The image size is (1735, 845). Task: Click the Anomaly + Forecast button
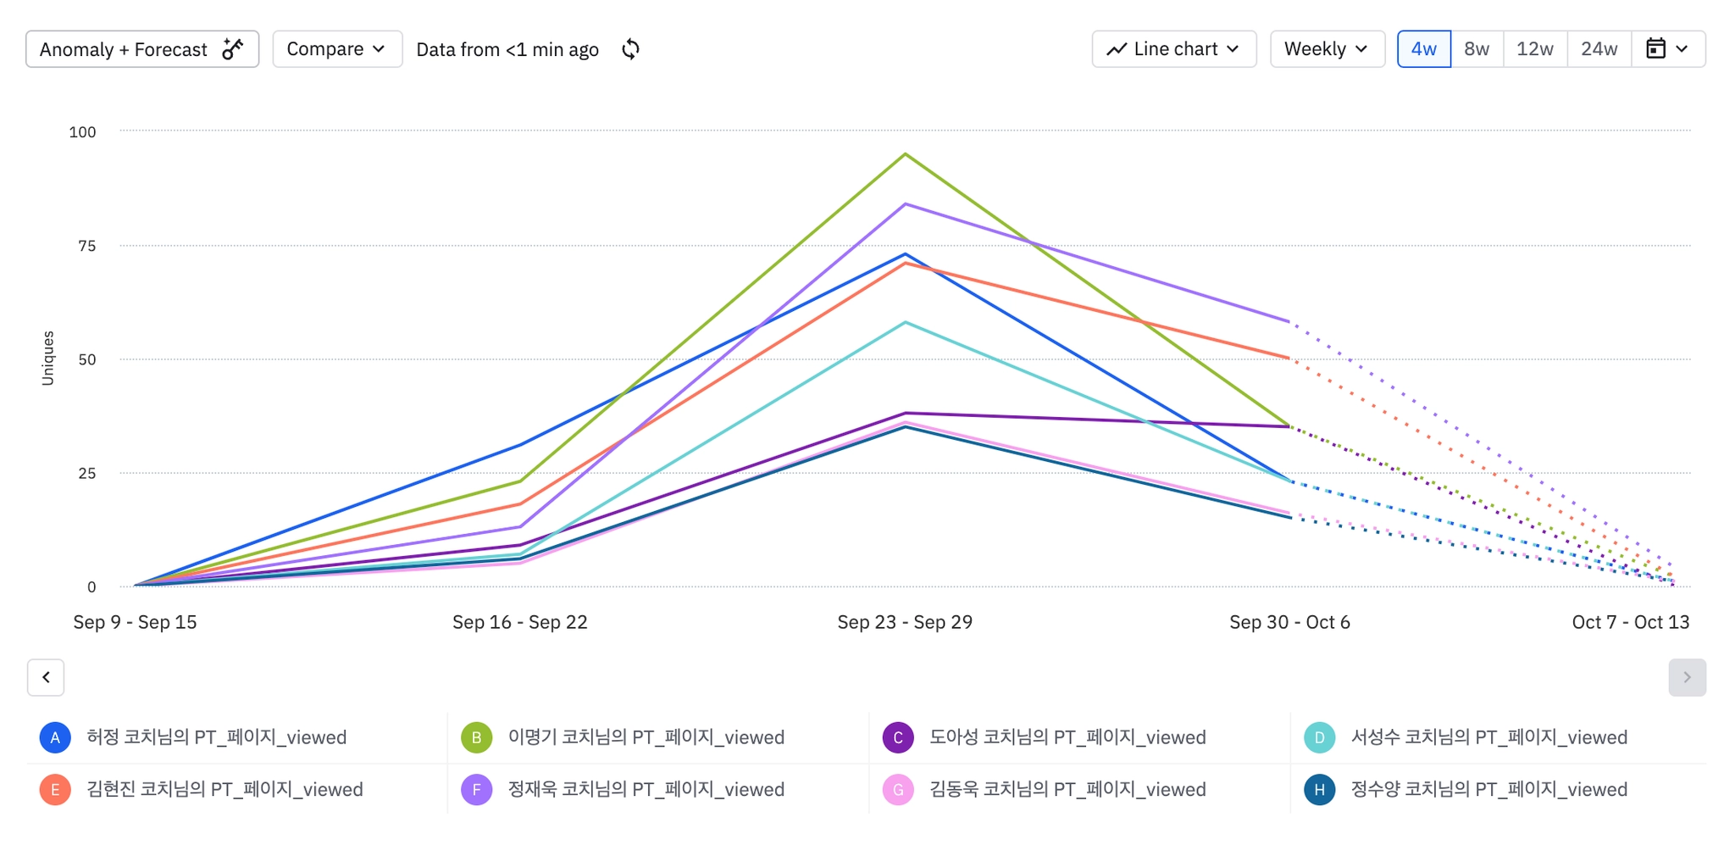coord(141,49)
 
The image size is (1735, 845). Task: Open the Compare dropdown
coord(336,49)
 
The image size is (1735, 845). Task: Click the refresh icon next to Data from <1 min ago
coord(630,49)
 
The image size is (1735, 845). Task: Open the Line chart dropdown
coord(1173,49)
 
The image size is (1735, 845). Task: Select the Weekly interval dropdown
coord(1327,49)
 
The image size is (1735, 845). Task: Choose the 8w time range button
coord(1477,49)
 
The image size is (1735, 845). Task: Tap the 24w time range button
coord(1599,49)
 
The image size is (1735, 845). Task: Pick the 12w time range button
coord(1534,49)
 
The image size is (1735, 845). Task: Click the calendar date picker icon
coord(1656,49)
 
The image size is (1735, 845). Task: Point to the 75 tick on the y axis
coord(87,246)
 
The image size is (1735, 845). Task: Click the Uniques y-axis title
coord(48,358)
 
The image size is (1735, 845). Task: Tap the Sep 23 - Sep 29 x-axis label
coord(905,622)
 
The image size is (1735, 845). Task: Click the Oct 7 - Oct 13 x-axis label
coord(1630,622)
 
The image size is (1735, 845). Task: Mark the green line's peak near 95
coord(906,154)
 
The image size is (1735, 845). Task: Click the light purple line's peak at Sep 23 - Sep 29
coord(906,204)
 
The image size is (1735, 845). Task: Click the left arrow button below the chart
coord(46,677)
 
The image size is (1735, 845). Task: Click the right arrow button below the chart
coord(1687,677)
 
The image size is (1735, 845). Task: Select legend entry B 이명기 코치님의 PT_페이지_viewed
coord(646,737)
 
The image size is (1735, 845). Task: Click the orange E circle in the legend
coord(55,790)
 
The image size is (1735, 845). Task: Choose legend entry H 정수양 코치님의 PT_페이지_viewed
coord(1488,790)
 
